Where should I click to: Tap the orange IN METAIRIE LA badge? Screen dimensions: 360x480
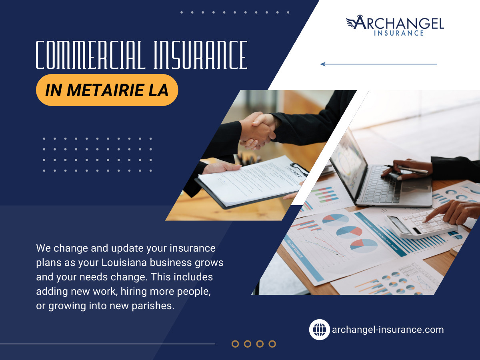107,90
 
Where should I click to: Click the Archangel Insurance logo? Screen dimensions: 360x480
395,26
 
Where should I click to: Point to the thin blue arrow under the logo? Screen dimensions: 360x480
378,64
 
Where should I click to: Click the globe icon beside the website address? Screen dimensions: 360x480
319,330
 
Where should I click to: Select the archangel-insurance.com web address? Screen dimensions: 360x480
388,330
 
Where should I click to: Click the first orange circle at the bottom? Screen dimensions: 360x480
235,344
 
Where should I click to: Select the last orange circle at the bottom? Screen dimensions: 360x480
272,344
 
